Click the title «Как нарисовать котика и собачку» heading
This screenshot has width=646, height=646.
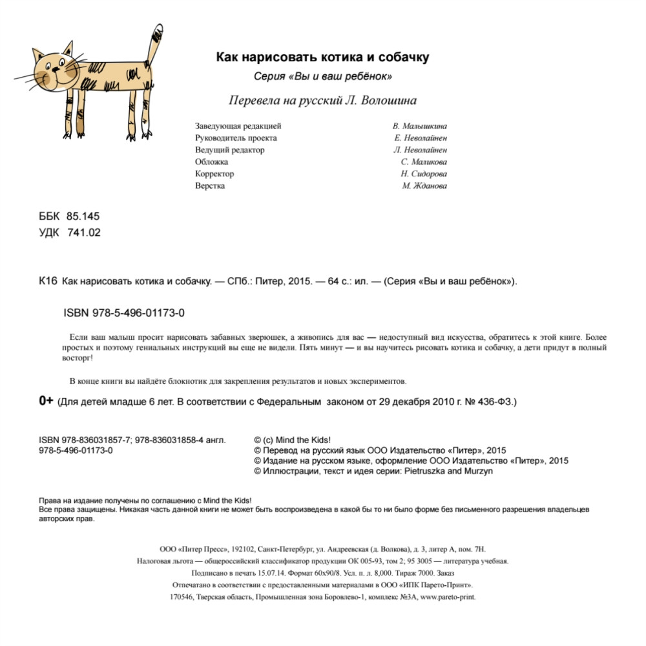tap(322, 57)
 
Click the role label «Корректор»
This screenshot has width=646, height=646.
tap(214, 174)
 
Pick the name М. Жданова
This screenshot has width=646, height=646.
tap(424, 186)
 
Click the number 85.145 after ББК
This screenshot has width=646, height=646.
tap(83, 216)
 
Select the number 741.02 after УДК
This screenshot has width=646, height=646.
tap(84, 233)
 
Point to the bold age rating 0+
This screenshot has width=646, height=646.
tap(46, 401)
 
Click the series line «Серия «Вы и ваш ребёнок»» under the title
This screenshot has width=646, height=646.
tap(323, 77)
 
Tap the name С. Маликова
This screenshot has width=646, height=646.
tap(423, 162)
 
